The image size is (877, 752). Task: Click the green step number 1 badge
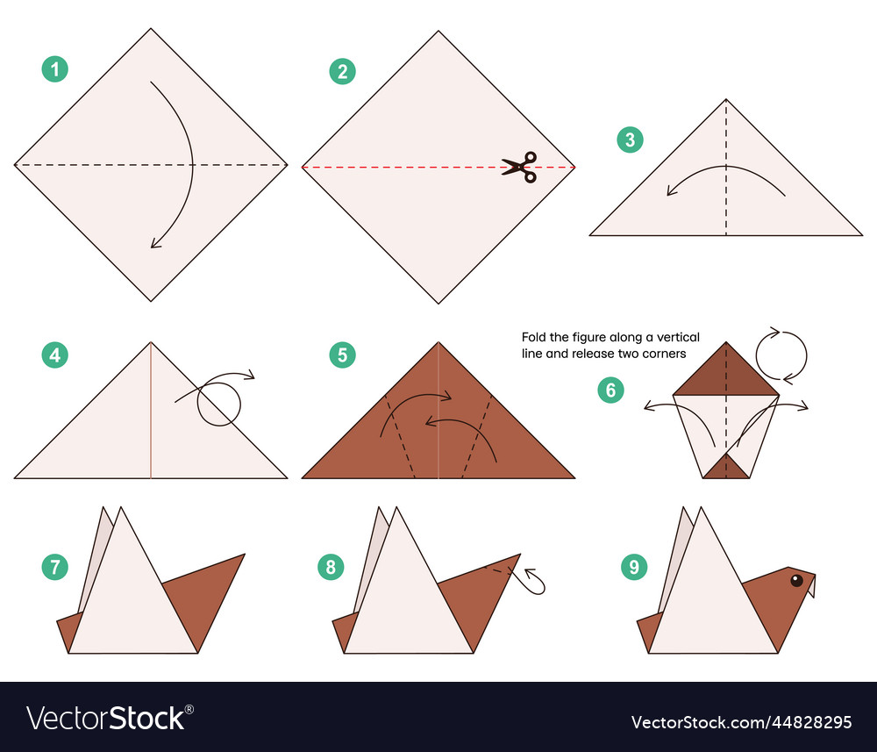(x=54, y=69)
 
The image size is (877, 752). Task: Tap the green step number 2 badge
(x=342, y=72)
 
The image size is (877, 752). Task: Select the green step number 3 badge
(x=630, y=140)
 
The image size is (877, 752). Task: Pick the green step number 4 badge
(x=54, y=355)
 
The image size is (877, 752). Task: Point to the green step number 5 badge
(x=342, y=355)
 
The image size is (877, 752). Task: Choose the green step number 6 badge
(x=610, y=390)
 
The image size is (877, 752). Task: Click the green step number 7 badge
(x=54, y=567)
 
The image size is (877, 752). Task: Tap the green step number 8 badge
(x=331, y=567)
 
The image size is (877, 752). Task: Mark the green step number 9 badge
(x=634, y=567)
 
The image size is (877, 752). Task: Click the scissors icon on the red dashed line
(x=519, y=167)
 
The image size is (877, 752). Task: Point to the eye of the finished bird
(x=796, y=580)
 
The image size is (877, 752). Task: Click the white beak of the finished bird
(x=811, y=586)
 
